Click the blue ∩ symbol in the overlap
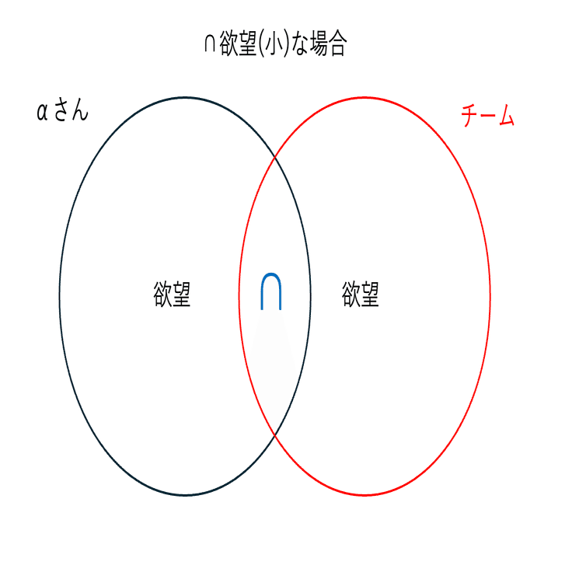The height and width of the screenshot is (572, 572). (x=270, y=291)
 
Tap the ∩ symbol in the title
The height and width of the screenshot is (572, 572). (x=209, y=44)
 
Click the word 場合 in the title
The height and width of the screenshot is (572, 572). (x=326, y=44)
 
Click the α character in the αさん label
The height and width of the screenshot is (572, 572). (x=43, y=113)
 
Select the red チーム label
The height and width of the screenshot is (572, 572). (x=487, y=117)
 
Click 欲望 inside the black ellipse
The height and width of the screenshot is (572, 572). (x=172, y=295)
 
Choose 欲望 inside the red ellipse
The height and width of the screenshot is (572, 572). (x=361, y=295)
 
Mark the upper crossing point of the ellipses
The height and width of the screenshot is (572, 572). (x=274, y=159)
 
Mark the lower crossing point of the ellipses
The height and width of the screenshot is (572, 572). (x=274, y=434)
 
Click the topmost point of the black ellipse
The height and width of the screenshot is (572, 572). (x=185, y=97)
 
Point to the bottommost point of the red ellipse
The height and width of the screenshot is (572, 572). (x=364, y=494)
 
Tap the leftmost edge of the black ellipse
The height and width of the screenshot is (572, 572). (x=60, y=296)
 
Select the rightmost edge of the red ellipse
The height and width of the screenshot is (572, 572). (x=490, y=296)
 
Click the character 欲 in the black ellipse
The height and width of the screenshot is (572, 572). (x=162, y=295)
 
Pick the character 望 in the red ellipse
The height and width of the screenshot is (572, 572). (x=370, y=295)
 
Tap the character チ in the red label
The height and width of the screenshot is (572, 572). (x=469, y=117)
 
